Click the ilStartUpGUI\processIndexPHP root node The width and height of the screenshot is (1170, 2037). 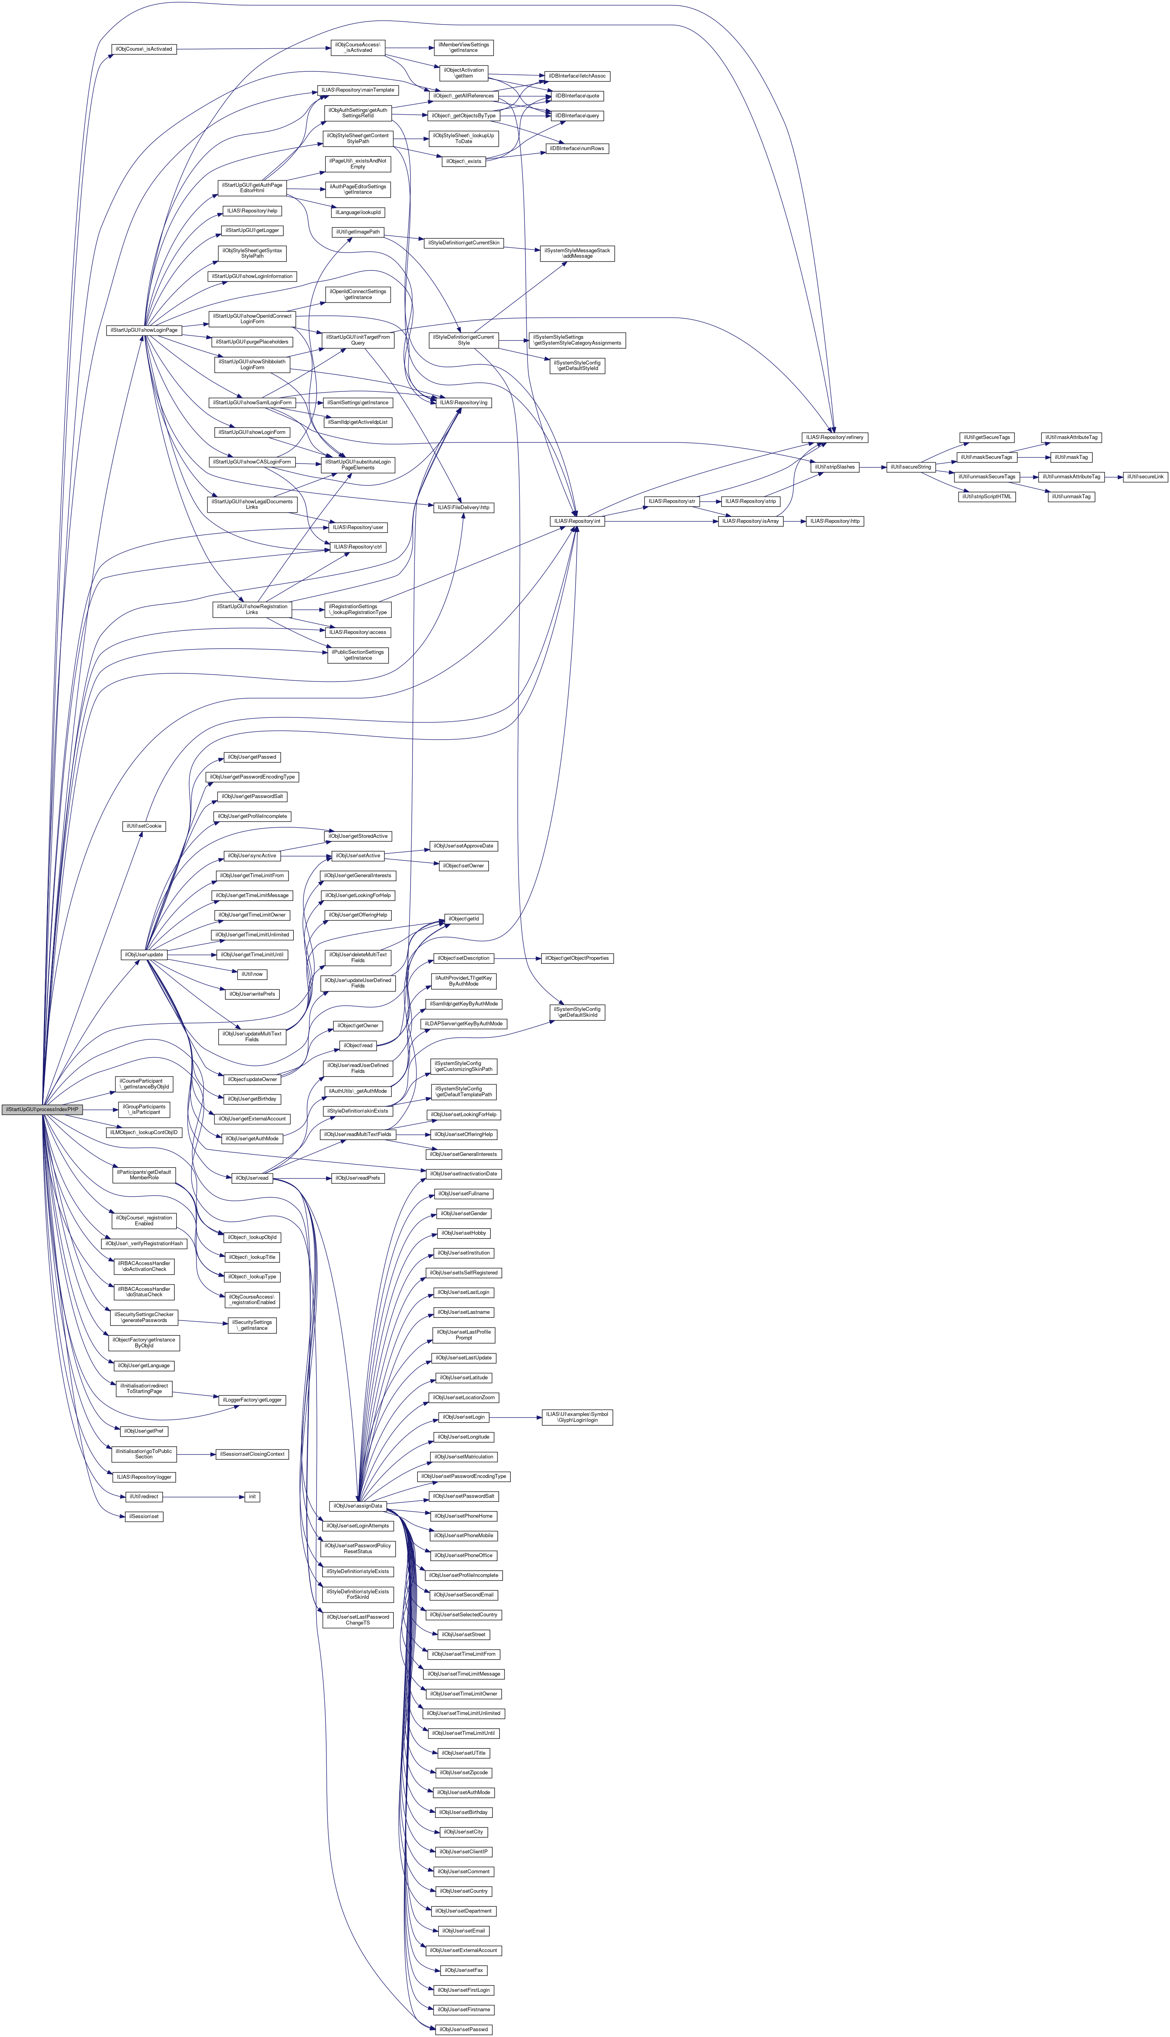pyautogui.click(x=42, y=1110)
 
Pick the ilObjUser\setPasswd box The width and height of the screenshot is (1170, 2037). pyautogui.click(x=462, y=2029)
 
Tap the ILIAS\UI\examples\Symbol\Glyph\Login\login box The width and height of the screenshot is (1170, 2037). pyautogui.click(x=577, y=1418)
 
